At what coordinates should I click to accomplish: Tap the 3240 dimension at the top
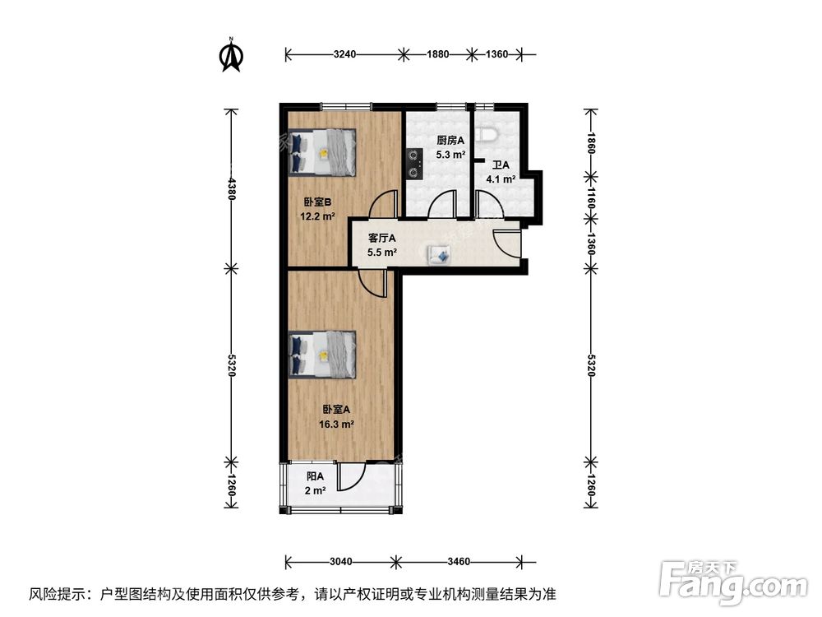[344, 54]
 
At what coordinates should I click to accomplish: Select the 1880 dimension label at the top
[437, 54]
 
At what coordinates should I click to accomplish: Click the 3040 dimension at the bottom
[340, 562]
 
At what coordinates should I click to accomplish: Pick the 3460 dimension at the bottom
[459, 562]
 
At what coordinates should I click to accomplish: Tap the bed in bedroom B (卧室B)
[323, 152]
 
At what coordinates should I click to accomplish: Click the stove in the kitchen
[413, 162]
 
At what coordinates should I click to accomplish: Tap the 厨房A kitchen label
[450, 141]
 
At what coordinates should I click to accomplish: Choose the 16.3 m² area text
[336, 424]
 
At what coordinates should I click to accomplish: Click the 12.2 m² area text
[318, 217]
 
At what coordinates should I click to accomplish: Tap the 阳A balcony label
[316, 476]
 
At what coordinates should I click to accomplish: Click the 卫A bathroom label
[500, 165]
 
